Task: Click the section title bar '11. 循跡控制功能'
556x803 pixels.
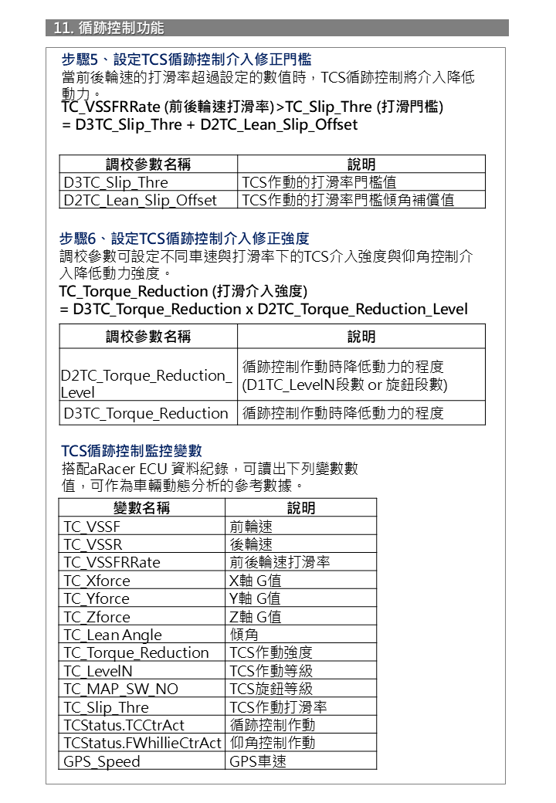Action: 109,28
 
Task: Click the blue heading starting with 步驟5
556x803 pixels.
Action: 186,59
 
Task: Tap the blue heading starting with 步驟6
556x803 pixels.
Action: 185,239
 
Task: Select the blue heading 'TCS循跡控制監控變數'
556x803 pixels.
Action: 131,450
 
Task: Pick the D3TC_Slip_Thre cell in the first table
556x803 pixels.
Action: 116,182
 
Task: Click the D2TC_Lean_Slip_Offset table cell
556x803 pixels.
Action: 141,200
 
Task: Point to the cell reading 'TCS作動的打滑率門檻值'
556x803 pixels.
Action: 320,182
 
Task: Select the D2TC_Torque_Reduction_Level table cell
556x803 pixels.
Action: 146,383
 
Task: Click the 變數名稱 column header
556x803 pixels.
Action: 141,507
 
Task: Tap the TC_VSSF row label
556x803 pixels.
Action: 93,527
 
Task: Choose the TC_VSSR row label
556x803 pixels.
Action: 93,544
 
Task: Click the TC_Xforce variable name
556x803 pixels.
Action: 97,581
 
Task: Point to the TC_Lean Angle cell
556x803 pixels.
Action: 113,635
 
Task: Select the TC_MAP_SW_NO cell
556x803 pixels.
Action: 121,689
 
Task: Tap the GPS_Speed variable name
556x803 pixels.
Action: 103,761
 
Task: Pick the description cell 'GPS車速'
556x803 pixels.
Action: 258,761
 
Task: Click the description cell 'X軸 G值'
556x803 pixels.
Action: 256,581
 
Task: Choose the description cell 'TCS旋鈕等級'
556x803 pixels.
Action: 271,689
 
